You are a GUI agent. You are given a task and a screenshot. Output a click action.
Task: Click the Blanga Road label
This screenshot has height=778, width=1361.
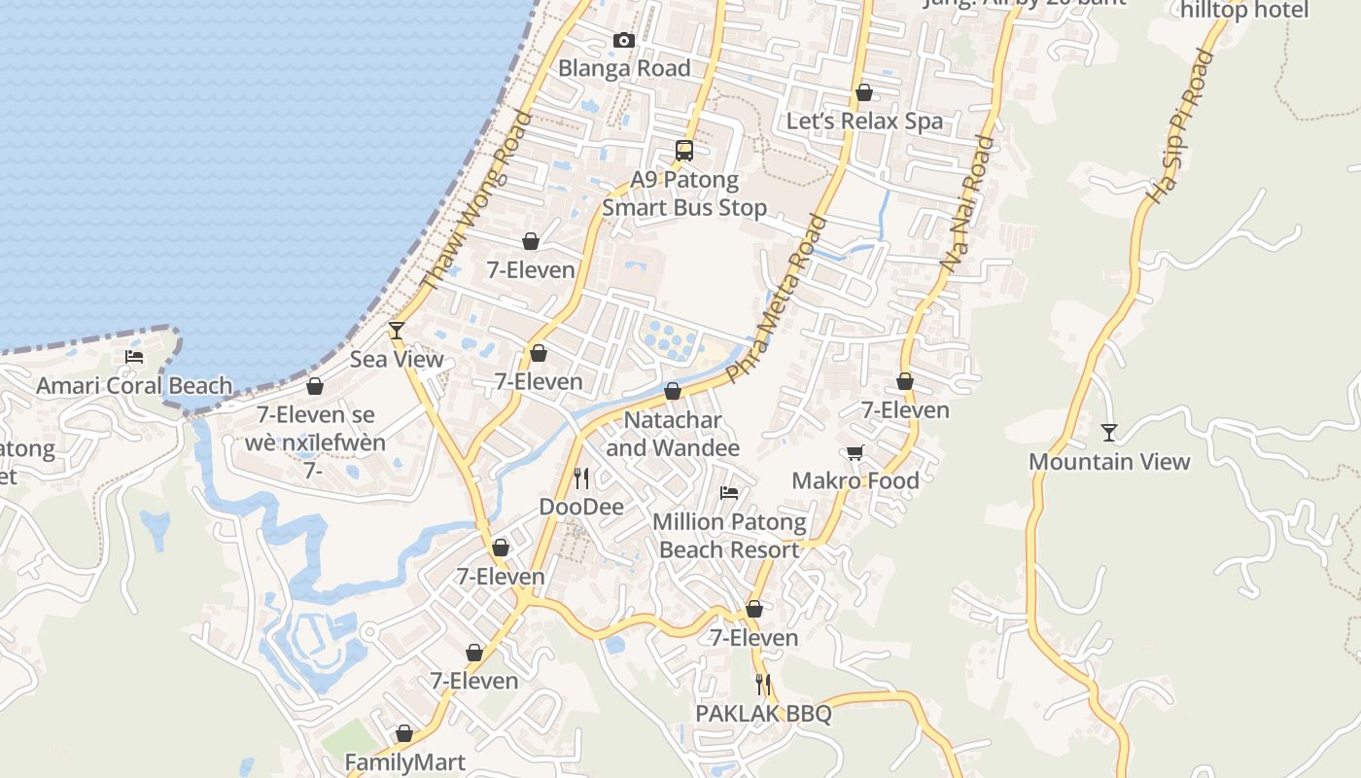[x=624, y=68]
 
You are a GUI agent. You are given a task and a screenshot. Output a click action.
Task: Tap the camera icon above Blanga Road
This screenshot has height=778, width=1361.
[x=624, y=40]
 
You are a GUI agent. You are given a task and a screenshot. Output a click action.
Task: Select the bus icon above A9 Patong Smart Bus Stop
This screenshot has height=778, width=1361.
[x=684, y=151]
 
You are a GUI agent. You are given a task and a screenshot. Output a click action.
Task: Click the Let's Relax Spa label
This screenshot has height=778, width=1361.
[x=864, y=121]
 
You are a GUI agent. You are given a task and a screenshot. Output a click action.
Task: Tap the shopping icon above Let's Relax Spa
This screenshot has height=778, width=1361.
[x=863, y=92]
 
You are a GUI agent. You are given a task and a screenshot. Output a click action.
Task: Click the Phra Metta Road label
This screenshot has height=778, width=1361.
[x=775, y=300]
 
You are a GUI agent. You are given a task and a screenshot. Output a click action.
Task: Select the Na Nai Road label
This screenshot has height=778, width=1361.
[x=968, y=203]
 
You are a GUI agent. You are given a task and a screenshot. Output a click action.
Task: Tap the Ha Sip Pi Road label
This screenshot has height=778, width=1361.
[x=1181, y=127]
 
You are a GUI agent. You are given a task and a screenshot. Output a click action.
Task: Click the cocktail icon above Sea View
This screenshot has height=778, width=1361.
[x=397, y=331]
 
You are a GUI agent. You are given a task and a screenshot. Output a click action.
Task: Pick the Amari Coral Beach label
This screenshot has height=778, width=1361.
[x=134, y=385]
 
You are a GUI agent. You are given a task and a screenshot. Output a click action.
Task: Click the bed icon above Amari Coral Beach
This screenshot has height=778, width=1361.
[x=134, y=357]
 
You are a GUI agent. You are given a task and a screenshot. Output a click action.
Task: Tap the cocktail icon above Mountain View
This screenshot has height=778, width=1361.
[x=1109, y=432]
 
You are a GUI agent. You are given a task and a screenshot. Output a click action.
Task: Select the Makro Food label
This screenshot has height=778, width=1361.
[x=855, y=480]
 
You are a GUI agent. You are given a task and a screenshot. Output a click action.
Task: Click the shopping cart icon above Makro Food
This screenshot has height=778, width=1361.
[x=855, y=452]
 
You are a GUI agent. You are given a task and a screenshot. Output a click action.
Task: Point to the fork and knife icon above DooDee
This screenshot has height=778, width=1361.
[x=581, y=477]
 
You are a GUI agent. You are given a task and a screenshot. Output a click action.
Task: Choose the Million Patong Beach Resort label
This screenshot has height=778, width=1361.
[x=729, y=535]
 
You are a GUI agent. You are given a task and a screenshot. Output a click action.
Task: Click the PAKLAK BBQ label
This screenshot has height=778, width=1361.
[x=763, y=714]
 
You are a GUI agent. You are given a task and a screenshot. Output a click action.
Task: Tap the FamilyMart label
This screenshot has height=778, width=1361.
[x=405, y=762]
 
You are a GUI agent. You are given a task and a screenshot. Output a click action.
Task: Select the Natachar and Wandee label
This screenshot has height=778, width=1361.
[x=673, y=434]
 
